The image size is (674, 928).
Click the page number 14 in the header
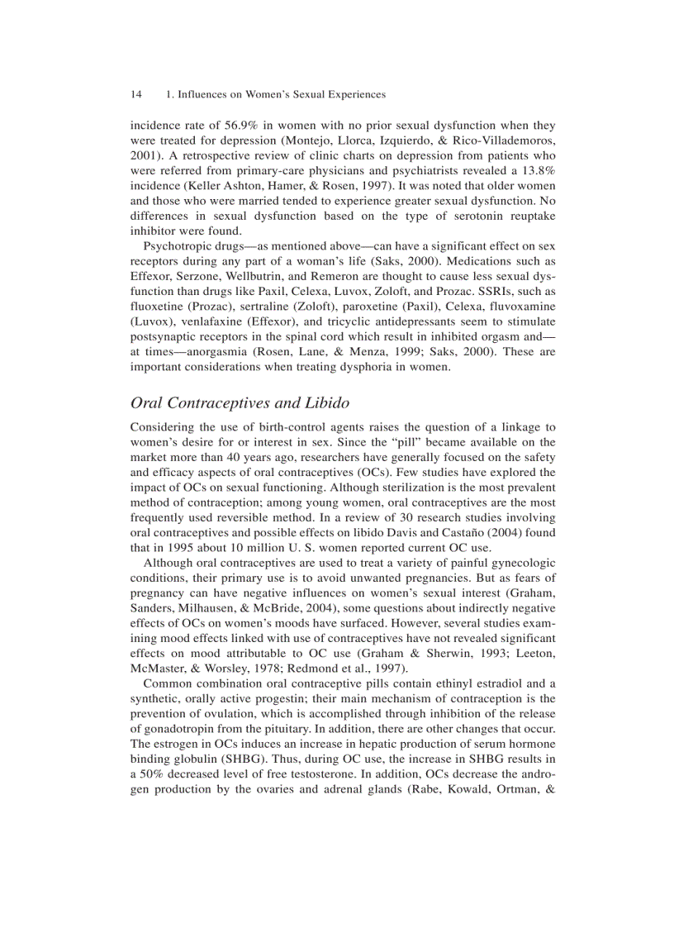point(136,95)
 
